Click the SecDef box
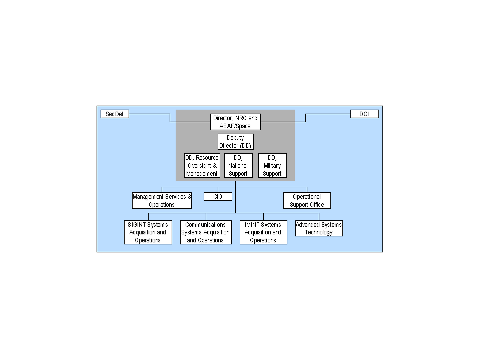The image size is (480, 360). pyautogui.click(x=115, y=114)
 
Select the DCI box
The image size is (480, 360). pyautogui.click(x=364, y=114)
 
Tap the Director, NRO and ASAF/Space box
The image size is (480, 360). pyautogui.click(x=235, y=122)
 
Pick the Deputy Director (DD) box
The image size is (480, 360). pyautogui.click(x=236, y=142)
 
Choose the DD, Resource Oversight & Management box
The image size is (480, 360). pyautogui.click(x=202, y=166)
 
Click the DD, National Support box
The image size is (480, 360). pyautogui.click(x=238, y=166)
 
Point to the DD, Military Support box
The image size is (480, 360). pyautogui.click(x=272, y=166)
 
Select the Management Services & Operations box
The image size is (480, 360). pyautogui.click(x=162, y=200)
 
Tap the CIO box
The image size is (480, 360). pyautogui.click(x=218, y=197)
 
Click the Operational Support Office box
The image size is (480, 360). pyautogui.click(x=307, y=200)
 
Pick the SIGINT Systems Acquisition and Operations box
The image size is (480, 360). pyautogui.click(x=148, y=232)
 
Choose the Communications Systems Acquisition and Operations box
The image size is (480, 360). pyautogui.click(x=206, y=232)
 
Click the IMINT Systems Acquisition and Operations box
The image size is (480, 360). pyautogui.click(x=264, y=232)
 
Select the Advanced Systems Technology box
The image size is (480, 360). pyautogui.click(x=319, y=228)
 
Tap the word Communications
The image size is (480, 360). pyautogui.click(x=205, y=225)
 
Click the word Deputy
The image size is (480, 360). pyautogui.click(x=235, y=138)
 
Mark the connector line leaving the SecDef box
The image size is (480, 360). pyautogui.click(x=170, y=118)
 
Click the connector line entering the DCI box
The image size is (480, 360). pyautogui.click(x=305, y=118)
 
